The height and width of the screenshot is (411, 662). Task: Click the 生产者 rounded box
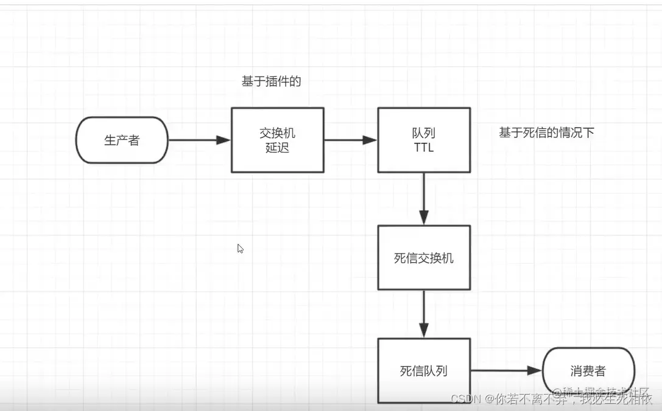(x=122, y=140)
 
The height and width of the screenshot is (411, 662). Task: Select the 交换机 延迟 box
(x=277, y=140)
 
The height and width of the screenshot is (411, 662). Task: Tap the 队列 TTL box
(x=423, y=140)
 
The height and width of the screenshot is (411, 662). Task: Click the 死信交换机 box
(x=423, y=258)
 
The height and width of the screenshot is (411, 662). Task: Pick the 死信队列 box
(x=423, y=370)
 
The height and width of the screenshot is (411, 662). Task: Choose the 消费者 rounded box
(x=588, y=370)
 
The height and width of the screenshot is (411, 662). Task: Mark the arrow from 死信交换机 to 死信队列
(x=424, y=313)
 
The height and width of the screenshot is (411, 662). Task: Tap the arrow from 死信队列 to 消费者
(x=505, y=370)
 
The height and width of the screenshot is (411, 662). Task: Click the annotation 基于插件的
(x=272, y=81)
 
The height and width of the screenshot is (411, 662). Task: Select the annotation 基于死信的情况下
(x=546, y=133)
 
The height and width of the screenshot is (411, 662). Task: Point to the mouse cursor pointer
(x=240, y=248)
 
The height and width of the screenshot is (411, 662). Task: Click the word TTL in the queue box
(x=423, y=148)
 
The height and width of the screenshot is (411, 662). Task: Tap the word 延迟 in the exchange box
(x=277, y=148)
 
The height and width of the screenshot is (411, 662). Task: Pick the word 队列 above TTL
(x=423, y=133)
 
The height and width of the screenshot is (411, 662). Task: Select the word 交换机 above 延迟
(x=277, y=133)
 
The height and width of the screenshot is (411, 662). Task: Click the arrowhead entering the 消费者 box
(x=534, y=370)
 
